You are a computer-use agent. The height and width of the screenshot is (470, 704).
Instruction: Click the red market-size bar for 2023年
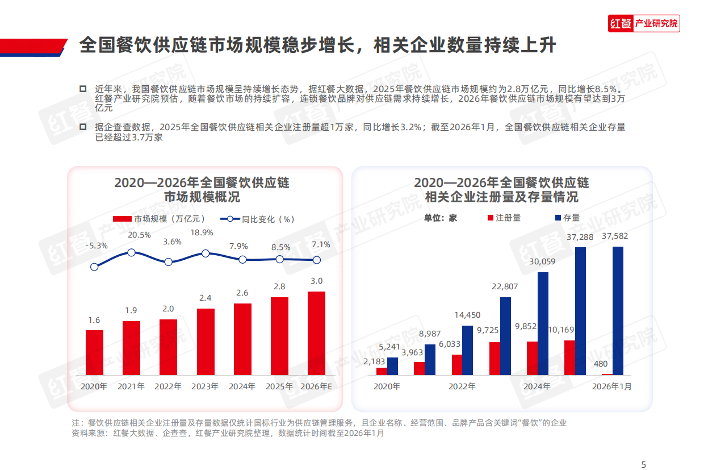[x=206, y=342]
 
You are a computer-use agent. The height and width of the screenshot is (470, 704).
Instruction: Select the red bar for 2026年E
[x=316, y=333]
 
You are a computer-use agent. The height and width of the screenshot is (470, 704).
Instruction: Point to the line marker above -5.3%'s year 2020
[x=94, y=267]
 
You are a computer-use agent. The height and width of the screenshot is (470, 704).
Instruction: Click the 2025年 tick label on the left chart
[x=279, y=386]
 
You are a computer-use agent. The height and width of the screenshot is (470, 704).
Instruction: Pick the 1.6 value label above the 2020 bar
[x=94, y=321]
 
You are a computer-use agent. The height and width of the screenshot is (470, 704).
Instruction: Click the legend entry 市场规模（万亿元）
[x=159, y=219]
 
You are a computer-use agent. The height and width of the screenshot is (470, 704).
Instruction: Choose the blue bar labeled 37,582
[x=618, y=310]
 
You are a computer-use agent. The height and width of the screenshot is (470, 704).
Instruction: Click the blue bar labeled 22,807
[x=505, y=336]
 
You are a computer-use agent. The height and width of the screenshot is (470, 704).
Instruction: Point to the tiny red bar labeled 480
[x=607, y=374]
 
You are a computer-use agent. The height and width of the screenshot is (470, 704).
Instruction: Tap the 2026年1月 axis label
[x=611, y=386]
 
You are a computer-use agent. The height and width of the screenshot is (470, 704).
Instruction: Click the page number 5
[x=643, y=464]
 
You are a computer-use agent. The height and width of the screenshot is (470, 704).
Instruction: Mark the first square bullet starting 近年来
[x=83, y=89]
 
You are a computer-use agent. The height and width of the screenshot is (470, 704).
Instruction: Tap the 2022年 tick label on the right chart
[x=462, y=386]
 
